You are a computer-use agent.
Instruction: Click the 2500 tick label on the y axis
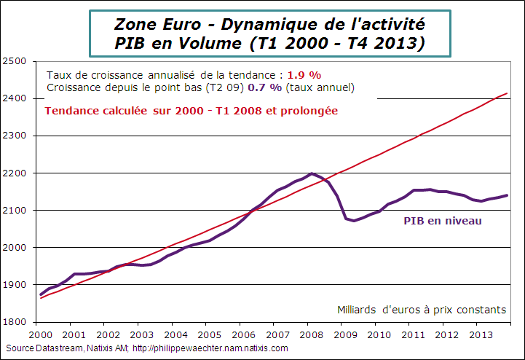[x=14, y=60]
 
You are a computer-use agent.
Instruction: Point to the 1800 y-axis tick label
[x=14, y=321]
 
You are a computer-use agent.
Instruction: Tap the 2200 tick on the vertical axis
[x=14, y=173]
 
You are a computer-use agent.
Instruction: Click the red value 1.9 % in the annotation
[x=304, y=75]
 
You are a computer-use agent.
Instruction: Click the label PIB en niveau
[x=443, y=220]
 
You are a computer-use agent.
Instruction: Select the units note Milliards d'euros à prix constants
[x=422, y=309]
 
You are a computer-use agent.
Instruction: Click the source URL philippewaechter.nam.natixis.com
[x=214, y=348]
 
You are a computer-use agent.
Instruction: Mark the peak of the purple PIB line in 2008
[x=312, y=173]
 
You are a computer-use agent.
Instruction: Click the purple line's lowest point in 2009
[x=354, y=220]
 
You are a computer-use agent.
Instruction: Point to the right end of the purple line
[x=508, y=195]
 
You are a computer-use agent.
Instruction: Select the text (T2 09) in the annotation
[x=221, y=87]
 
